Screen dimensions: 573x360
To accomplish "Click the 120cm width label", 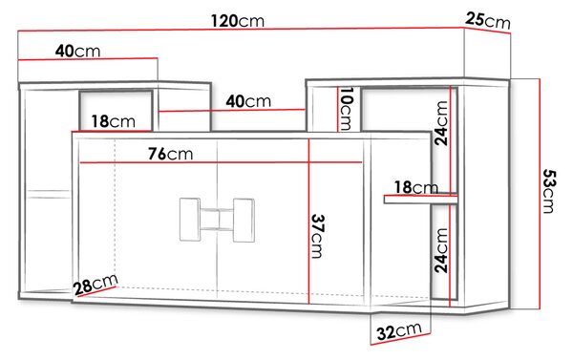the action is tap(238, 21).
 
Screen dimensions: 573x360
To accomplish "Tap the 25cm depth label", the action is tap(488, 20).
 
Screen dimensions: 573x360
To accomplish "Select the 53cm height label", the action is tap(548, 191).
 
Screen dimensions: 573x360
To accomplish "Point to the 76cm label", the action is tap(170, 154).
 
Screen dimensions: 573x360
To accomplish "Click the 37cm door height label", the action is tap(318, 236).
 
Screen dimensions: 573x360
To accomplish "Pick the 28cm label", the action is tap(95, 285).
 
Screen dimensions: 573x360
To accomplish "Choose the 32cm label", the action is tap(399, 331).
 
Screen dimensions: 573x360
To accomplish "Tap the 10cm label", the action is tap(346, 109).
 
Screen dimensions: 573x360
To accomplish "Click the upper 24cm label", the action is tap(441, 123).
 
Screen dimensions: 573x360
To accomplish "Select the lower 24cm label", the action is tap(441, 250).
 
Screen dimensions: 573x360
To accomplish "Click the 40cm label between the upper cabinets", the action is tap(248, 101).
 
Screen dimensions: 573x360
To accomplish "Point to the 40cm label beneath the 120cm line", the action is tap(77, 51).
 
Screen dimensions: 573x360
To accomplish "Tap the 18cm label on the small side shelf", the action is tap(415, 187).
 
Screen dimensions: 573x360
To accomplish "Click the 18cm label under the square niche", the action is tap(113, 121).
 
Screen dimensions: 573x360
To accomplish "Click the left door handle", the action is tap(190, 220).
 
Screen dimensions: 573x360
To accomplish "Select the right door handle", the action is tap(244, 221).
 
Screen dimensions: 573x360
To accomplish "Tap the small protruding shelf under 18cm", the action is tap(420, 200).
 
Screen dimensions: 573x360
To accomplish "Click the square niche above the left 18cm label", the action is tap(116, 110).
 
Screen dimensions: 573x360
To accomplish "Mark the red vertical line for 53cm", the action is tap(540, 194).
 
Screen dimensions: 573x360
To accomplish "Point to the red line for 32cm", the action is tap(401, 339).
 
